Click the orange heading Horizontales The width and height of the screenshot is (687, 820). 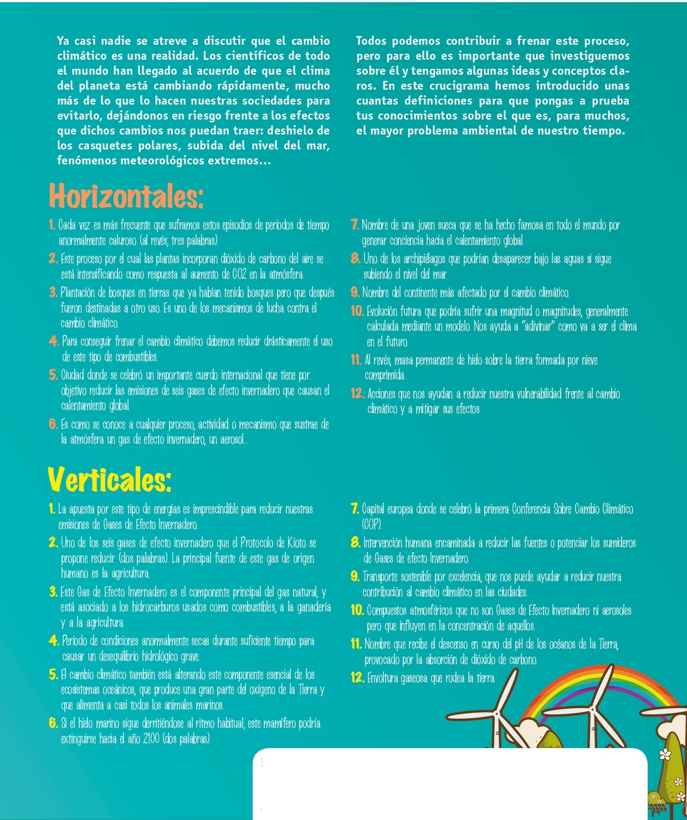[x=126, y=196]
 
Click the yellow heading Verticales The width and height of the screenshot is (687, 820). [x=109, y=479]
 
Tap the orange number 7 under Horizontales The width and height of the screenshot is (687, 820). [x=355, y=225]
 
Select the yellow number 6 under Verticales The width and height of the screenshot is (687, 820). [x=53, y=723]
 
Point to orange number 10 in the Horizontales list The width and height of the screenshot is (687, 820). [x=357, y=311]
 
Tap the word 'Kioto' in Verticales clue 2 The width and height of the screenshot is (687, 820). [x=291, y=543]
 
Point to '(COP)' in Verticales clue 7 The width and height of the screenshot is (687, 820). [x=371, y=524]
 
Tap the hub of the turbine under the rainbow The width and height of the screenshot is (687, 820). [x=594, y=709]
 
